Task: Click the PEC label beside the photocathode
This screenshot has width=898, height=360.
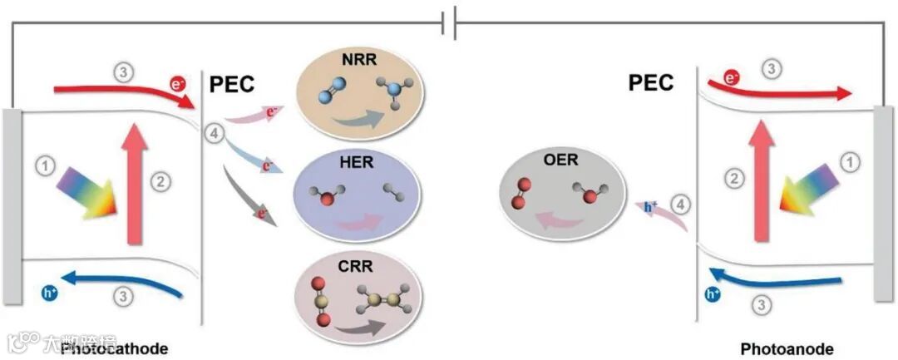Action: tap(231, 83)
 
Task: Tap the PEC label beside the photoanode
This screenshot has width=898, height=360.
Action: tap(652, 82)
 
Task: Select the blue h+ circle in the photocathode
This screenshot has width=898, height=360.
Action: tap(49, 292)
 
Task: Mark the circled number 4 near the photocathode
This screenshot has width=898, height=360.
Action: tap(214, 133)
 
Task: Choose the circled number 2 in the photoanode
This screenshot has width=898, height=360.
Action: tap(733, 177)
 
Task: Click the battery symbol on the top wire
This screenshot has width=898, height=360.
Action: tap(450, 25)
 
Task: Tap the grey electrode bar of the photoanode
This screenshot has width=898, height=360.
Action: tap(884, 203)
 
